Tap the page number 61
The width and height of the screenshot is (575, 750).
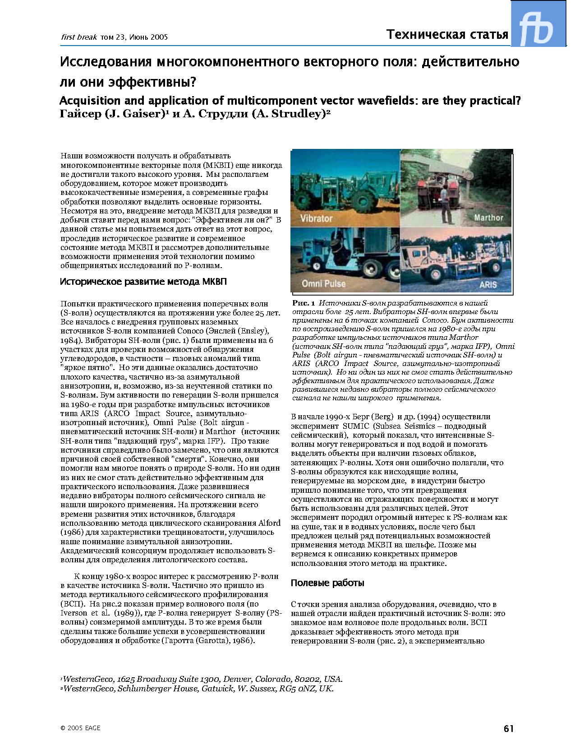[509, 728]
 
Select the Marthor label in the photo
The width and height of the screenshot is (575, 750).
[488, 218]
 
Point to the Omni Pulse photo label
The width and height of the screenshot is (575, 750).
[323, 283]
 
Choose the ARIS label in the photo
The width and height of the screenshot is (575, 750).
[488, 285]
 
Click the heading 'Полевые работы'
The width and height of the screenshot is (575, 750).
[327, 583]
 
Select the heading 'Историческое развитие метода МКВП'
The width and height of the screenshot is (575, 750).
[143, 282]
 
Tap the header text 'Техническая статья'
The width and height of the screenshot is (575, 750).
[447, 35]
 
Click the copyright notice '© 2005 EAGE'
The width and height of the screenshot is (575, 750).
[80, 728]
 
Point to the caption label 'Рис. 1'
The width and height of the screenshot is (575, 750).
[304, 303]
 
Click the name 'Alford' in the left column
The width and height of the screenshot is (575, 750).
[269, 523]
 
